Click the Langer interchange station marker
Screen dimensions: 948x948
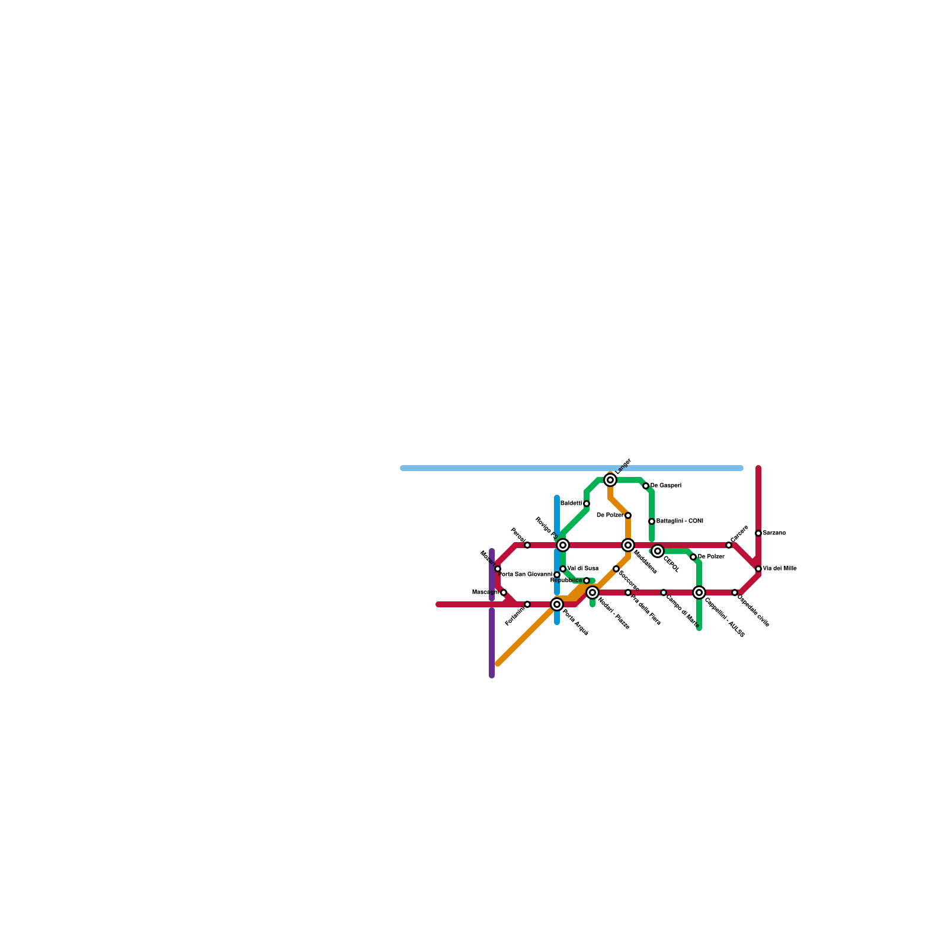pos(610,480)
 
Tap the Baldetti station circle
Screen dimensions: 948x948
pos(587,504)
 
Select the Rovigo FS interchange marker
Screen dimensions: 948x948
pos(563,545)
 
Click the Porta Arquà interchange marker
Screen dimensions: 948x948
pos(557,604)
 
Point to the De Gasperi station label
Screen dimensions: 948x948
pos(666,486)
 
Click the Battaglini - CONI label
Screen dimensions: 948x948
pos(680,521)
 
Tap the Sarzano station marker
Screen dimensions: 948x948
pos(758,533)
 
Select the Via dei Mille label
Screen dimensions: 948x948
pos(780,569)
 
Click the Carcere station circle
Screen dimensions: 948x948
pos(729,545)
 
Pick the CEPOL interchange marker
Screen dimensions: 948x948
pos(658,551)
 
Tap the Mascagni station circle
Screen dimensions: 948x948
pos(504,592)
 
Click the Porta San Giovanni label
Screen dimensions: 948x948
pos(526,575)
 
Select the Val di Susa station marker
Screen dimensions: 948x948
pos(563,569)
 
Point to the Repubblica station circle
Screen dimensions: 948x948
pos(587,581)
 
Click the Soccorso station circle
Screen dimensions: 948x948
pos(616,569)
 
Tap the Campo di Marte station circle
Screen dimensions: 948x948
pos(664,592)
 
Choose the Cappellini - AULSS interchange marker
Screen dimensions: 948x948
pos(699,592)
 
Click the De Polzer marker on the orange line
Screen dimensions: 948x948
pos(628,515)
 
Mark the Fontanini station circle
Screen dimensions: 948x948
pos(527,604)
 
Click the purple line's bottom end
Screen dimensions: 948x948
pos(492,675)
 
